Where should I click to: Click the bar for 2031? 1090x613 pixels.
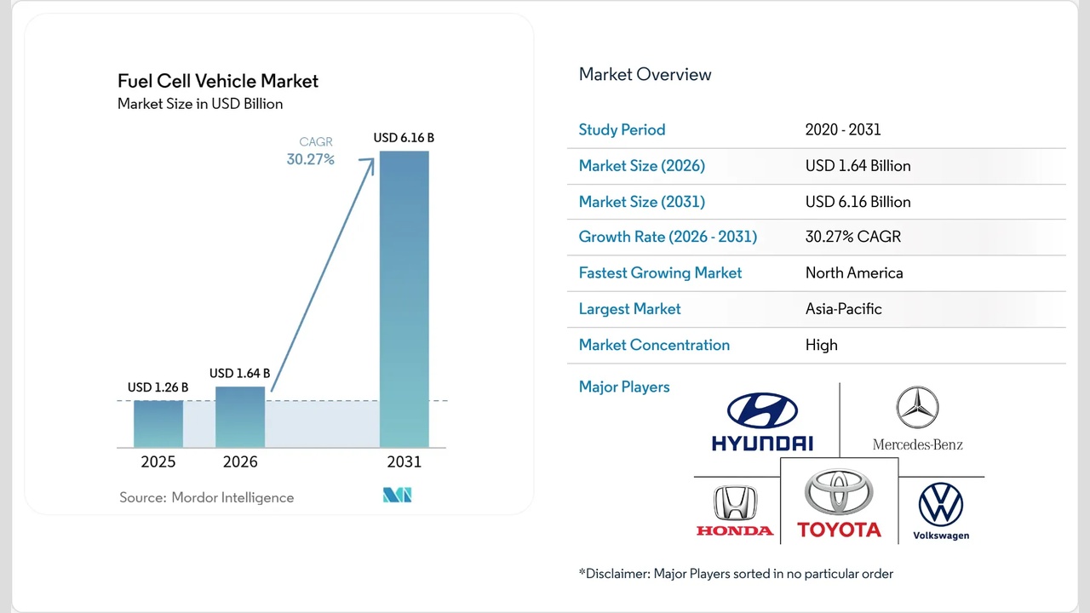point(404,298)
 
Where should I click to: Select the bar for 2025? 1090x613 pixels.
point(158,423)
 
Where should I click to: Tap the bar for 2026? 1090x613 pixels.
point(240,416)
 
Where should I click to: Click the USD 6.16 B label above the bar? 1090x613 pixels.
point(404,137)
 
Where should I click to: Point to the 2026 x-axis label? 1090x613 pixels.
point(240,462)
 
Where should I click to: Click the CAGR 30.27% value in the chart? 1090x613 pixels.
point(311,159)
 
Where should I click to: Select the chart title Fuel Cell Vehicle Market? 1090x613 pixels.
point(218,81)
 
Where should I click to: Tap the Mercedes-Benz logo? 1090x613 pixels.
point(917,418)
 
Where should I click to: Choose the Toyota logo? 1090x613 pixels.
point(839,504)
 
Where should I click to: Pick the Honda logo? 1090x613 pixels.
point(735,511)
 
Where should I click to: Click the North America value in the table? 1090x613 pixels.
point(854,272)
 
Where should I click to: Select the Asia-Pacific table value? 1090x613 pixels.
point(843,308)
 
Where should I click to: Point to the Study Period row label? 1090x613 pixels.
point(622,129)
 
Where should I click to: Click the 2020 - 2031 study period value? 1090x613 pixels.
point(842,129)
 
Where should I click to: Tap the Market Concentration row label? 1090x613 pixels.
point(654,345)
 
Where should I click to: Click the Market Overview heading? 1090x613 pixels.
point(645,74)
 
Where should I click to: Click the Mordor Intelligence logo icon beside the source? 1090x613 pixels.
point(397,496)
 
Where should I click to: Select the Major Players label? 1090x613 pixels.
point(624,387)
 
